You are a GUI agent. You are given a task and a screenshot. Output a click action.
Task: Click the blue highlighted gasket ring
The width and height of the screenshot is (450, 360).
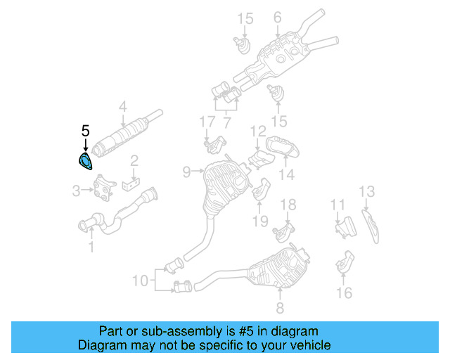tap(85, 163)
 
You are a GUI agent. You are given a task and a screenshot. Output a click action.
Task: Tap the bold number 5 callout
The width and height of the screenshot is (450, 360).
tap(85, 131)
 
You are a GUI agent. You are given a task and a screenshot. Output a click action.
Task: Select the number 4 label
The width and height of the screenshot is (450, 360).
tap(122, 107)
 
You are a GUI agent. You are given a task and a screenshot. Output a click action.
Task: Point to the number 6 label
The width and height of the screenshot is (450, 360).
tap(277, 17)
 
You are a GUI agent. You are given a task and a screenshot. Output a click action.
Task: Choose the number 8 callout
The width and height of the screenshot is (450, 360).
tap(280, 307)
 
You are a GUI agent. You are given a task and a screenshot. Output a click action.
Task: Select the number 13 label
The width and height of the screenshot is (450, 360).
tap(367, 191)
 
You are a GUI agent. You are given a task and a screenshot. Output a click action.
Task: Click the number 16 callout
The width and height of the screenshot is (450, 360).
tap(344, 292)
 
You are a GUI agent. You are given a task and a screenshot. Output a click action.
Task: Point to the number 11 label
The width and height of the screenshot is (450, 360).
tap(338, 205)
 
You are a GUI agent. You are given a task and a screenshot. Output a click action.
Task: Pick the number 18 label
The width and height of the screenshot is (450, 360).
tap(289, 205)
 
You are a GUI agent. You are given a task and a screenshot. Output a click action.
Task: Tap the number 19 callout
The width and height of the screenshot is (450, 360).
tap(260, 221)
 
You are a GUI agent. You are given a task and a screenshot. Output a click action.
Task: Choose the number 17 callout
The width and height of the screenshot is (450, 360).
tap(206, 122)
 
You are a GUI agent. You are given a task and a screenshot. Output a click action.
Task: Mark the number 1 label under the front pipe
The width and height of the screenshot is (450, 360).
tap(90, 247)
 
